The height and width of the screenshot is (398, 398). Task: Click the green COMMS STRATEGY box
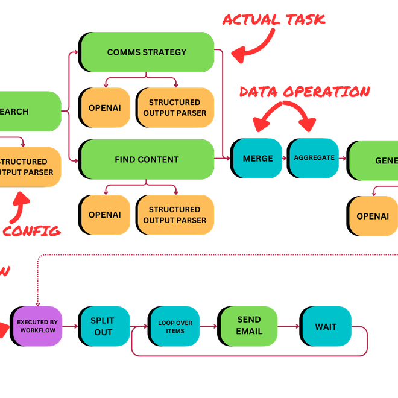[x=148, y=52]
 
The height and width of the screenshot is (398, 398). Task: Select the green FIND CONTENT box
[x=148, y=159]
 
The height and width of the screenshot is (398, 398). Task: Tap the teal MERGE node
[x=257, y=158]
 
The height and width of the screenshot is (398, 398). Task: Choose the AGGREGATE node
[x=314, y=158]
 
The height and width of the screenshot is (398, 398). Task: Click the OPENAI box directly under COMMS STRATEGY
[x=106, y=107]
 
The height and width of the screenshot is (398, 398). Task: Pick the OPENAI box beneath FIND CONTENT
[x=106, y=215]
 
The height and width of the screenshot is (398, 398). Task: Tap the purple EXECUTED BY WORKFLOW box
[x=37, y=326]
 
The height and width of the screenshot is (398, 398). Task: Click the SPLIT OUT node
[x=103, y=326]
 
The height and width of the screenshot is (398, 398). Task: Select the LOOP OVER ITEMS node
[x=175, y=326]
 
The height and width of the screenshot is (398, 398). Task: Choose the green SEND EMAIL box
[x=249, y=326]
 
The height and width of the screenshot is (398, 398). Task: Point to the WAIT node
[x=326, y=326]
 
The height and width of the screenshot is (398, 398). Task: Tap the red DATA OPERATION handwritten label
[x=304, y=92]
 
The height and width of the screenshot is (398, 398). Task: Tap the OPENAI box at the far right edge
[x=373, y=216]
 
